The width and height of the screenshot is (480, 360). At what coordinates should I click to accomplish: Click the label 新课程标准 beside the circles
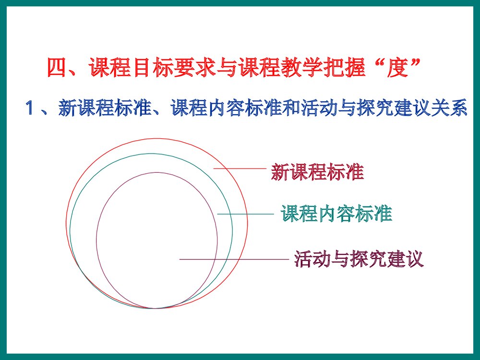(317, 172)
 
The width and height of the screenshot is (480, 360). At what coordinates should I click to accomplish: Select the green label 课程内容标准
(336, 214)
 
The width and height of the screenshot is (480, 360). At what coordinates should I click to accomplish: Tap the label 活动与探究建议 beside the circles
(359, 259)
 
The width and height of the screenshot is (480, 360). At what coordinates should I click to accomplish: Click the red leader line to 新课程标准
(240, 168)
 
